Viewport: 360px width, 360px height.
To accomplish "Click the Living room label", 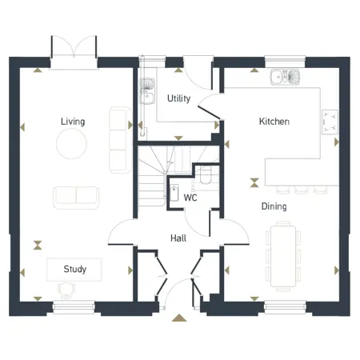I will [73, 122].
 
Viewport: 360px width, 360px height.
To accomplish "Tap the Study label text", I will [74, 270].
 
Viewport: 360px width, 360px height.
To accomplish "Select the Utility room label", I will [178, 98].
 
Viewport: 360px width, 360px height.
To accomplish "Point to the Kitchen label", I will [274, 122].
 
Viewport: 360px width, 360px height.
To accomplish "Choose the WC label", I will [190, 197].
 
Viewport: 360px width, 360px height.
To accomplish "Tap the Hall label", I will [179, 238].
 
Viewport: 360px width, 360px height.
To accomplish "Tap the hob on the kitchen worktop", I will [330, 122].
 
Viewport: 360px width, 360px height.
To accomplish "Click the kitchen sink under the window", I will [286, 78].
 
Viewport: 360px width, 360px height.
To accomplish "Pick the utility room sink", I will [147, 87].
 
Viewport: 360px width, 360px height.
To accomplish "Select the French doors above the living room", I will [73, 50].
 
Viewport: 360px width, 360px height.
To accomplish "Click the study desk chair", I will [65, 290].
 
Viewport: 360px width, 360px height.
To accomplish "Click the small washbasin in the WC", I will [174, 192].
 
